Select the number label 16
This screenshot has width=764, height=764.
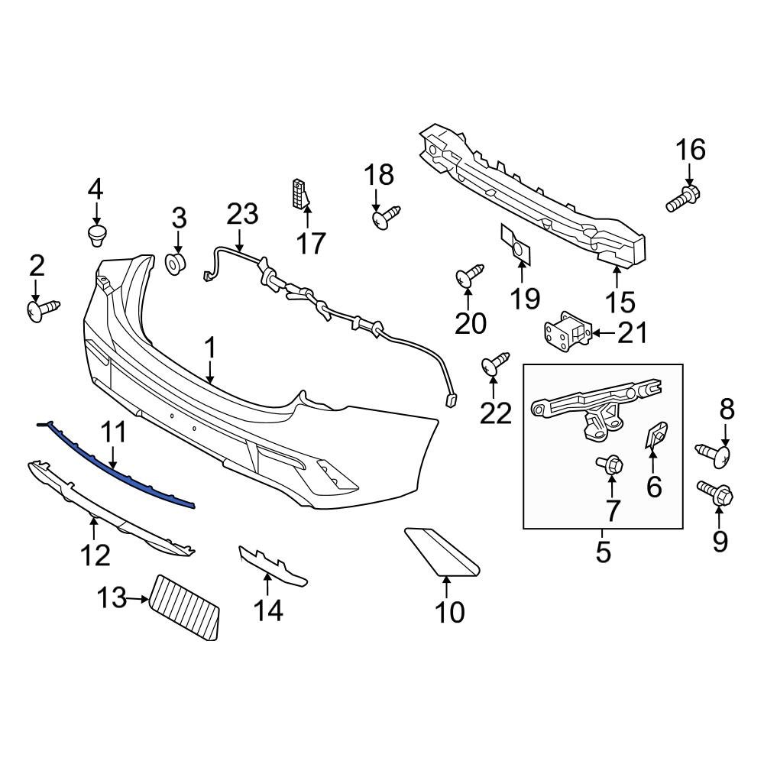point(691,151)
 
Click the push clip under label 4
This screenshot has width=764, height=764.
point(96,234)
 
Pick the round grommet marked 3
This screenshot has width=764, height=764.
point(177,264)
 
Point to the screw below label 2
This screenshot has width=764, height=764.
point(42,310)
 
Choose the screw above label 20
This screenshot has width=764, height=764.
point(469,276)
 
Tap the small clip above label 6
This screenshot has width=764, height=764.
point(655,435)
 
